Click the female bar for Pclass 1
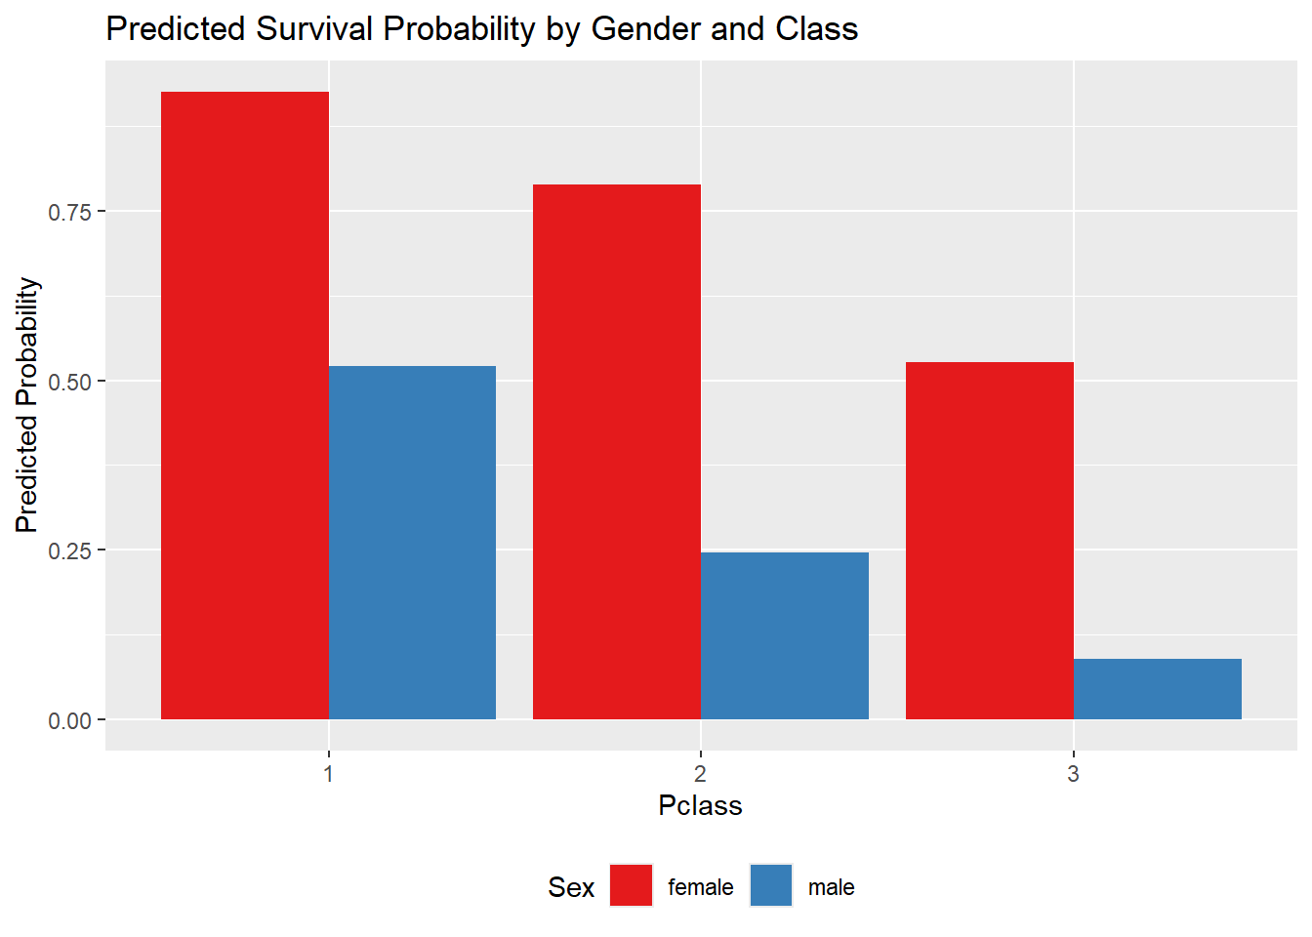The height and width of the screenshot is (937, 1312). [245, 405]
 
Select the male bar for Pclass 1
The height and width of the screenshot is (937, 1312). [412, 543]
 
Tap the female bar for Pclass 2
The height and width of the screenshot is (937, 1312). [617, 452]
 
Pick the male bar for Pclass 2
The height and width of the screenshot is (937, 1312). [785, 635]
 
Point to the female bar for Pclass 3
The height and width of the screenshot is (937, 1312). [990, 541]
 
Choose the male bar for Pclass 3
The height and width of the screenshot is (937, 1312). [1158, 689]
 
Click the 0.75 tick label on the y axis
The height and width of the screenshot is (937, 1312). [69, 212]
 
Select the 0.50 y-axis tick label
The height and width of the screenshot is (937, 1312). [69, 382]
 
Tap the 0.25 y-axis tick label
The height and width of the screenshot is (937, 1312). [69, 550]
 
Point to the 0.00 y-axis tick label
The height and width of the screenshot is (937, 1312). [69, 720]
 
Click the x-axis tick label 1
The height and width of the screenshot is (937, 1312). [329, 774]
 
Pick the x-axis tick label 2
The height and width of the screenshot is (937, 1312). [701, 774]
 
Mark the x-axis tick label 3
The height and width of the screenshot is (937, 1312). [1074, 774]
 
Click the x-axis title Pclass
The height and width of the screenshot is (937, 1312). [700, 805]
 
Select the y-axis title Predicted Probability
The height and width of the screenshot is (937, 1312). [27, 405]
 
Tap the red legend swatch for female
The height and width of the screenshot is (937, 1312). [631, 885]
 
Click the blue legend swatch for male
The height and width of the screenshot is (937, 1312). [771, 885]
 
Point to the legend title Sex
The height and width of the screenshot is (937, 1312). [571, 887]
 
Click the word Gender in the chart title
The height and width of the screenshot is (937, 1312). [646, 29]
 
